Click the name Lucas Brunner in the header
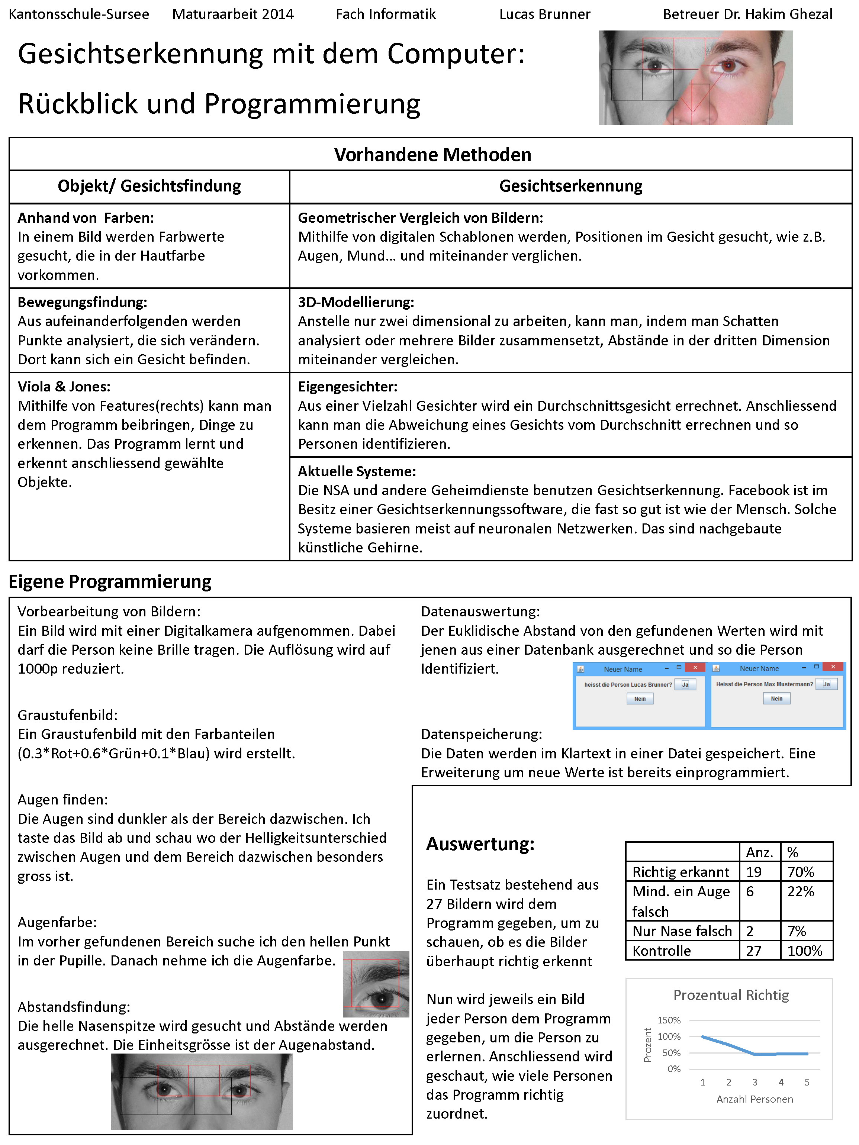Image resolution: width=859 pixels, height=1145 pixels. (x=545, y=14)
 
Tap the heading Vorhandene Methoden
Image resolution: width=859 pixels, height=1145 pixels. (x=432, y=155)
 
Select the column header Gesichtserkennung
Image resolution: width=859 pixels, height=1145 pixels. (x=570, y=186)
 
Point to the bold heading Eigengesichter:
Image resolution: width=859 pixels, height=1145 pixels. (x=347, y=387)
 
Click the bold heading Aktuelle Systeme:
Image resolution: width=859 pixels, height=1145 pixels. (x=357, y=471)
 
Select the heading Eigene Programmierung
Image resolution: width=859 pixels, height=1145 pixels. (x=110, y=581)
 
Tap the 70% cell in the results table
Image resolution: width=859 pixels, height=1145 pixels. (x=801, y=872)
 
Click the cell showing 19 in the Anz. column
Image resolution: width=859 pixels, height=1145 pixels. (x=754, y=872)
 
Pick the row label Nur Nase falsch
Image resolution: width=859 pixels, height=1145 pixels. (x=682, y=931)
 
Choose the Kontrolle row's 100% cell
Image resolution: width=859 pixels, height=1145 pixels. (x=805, y=951)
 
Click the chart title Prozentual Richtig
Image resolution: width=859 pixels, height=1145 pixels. (x=731, y=995)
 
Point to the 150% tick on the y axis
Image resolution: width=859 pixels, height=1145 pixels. (x=669, y=1020)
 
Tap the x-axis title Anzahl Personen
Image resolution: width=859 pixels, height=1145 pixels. (x=755, y=1099)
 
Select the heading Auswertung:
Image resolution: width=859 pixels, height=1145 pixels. (x=480, y=844)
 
